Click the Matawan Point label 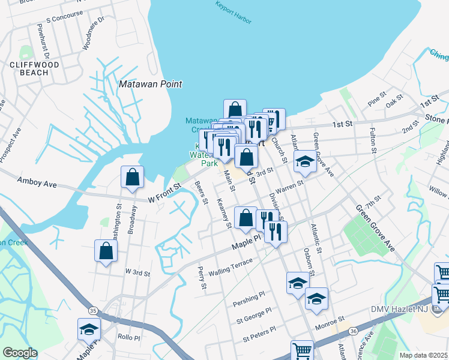click(150, 85)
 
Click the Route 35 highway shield click(92, 310)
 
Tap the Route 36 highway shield click(354, 331)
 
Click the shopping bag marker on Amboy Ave click(132, 178)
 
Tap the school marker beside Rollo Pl click(89, 329)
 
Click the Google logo click(20, 353)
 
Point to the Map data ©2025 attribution click(423, 355)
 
